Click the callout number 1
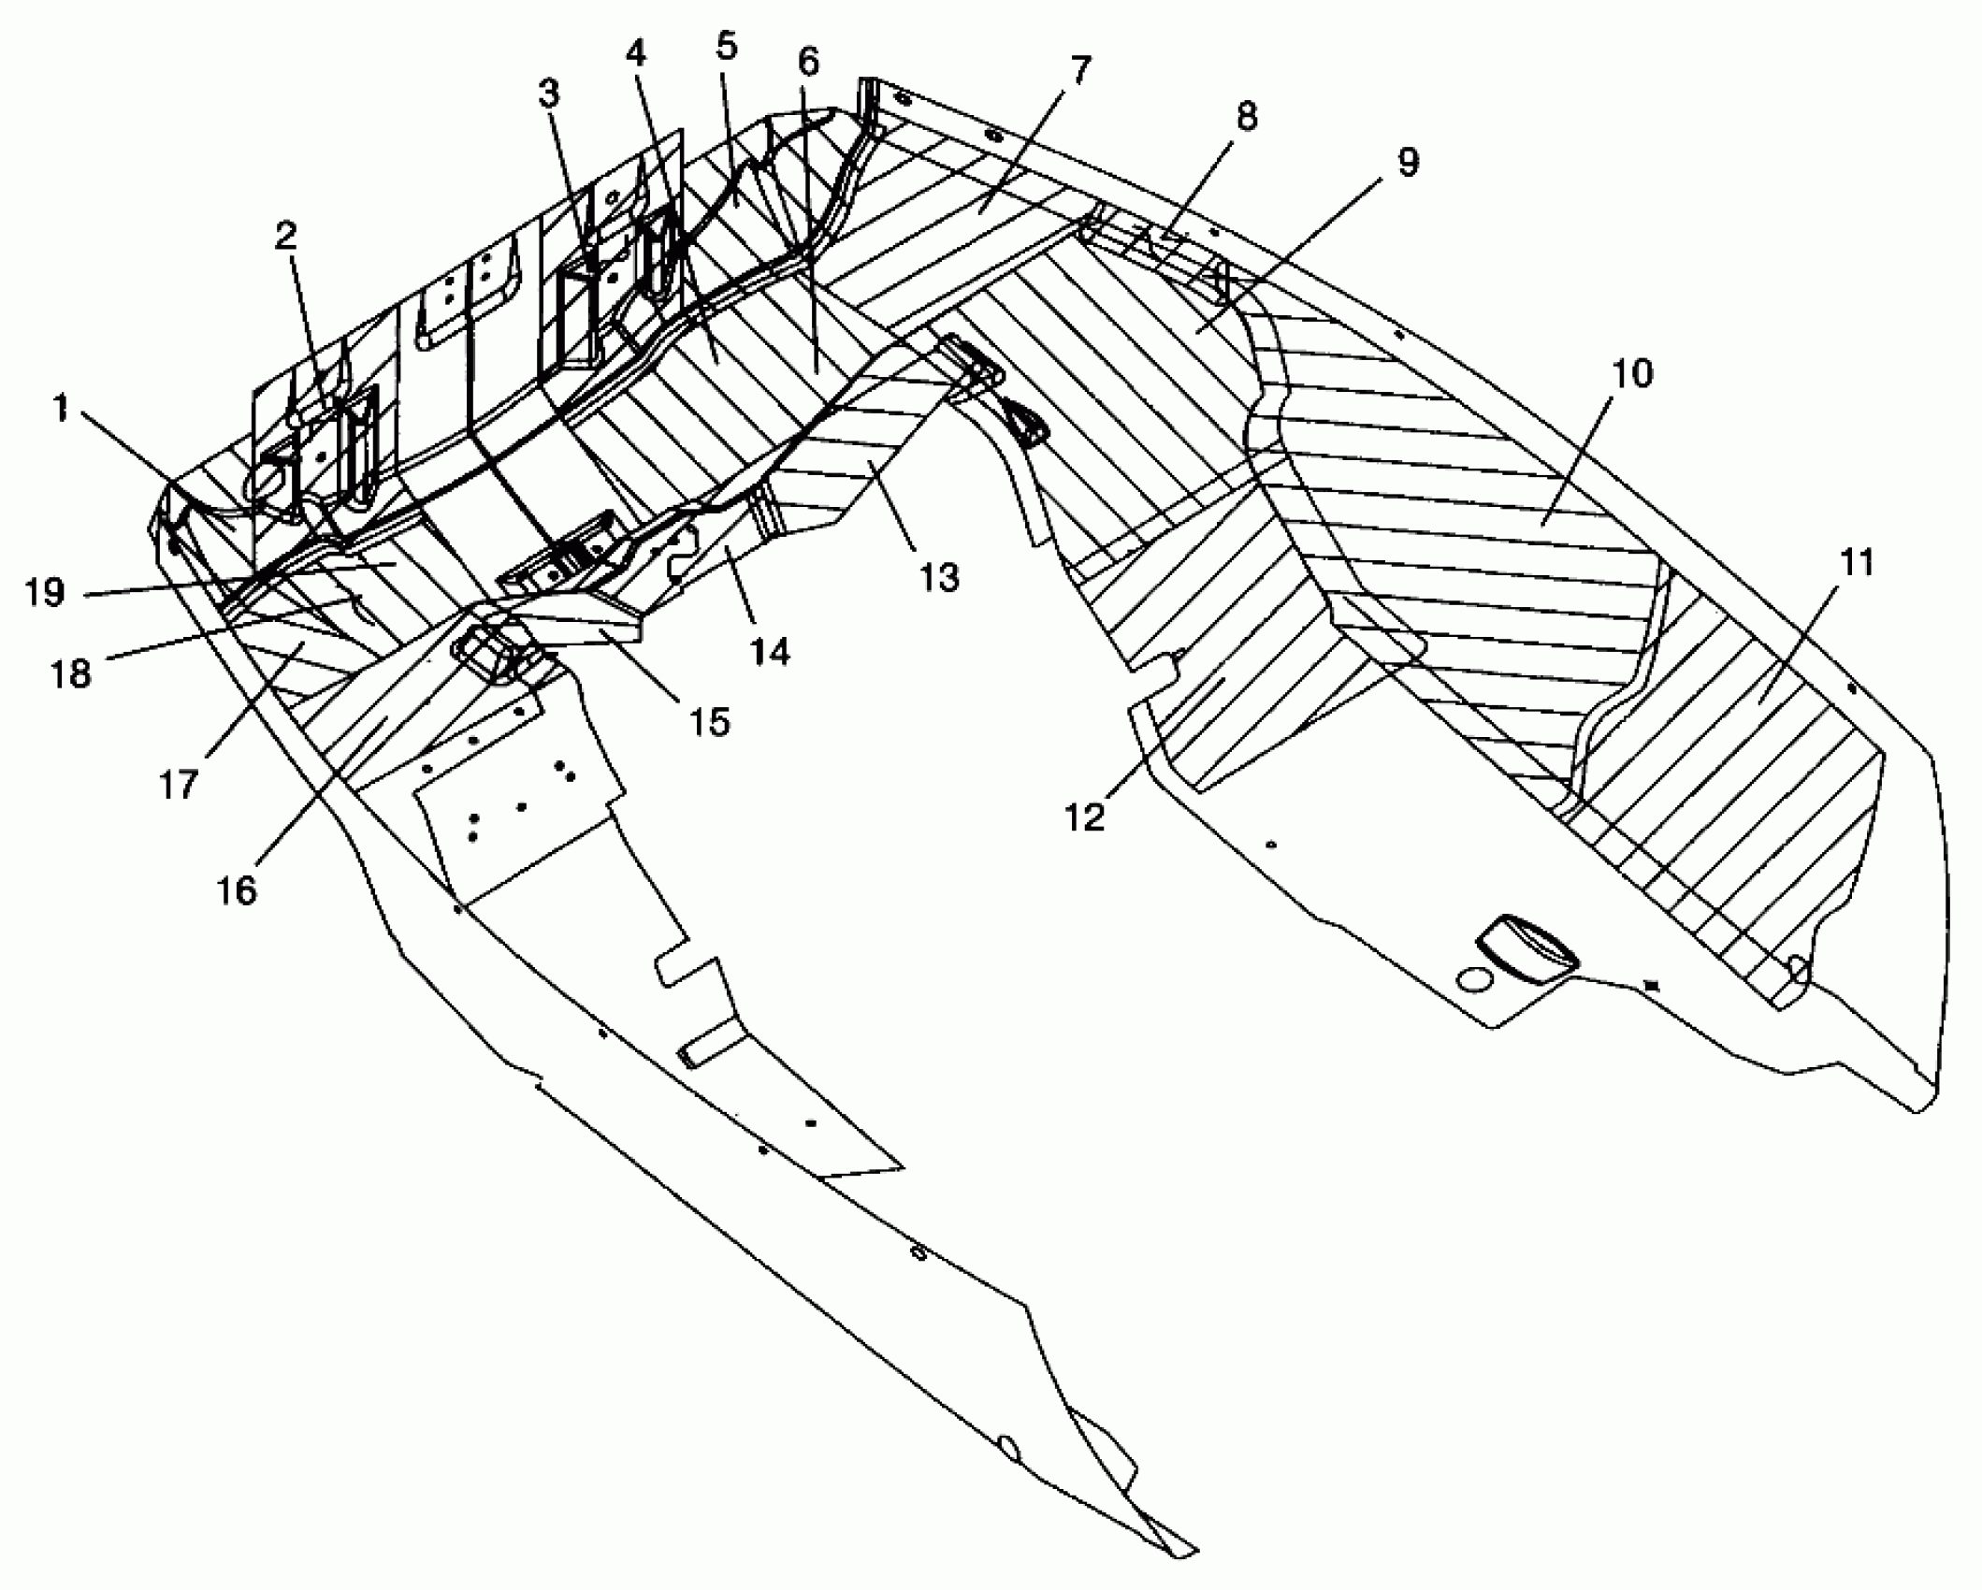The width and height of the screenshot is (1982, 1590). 62,409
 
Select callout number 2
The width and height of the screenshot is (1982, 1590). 285,235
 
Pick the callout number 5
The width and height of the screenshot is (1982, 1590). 727,46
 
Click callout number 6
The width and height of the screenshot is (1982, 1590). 808,63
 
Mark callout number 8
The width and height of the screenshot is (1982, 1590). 1246,117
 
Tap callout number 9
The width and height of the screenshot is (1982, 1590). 1408,162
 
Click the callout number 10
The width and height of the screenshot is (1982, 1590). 1632,374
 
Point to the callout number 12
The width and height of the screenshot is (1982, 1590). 1085,816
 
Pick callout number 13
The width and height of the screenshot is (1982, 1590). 939,578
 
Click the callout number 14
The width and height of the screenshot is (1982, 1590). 770,650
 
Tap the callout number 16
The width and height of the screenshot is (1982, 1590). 238,890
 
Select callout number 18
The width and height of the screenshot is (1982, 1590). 71,673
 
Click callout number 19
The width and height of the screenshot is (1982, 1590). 45,592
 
